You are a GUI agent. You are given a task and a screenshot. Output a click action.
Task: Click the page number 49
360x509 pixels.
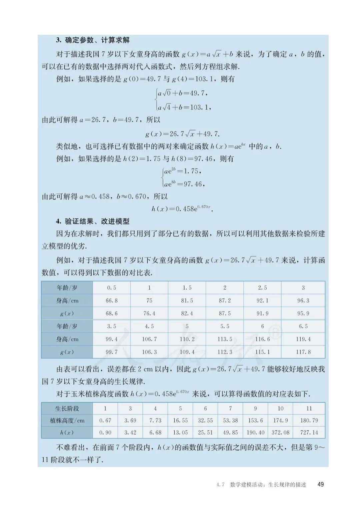coord(321,484)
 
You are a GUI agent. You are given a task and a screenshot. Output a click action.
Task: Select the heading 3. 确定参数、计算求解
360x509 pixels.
coord(93,40)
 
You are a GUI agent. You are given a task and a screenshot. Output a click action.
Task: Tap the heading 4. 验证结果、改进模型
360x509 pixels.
coord(93,221)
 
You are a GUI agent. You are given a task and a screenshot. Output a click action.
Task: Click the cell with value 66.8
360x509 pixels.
coord(112,301)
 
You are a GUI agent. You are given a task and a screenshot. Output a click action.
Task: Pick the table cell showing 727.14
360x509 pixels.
coord(309,432)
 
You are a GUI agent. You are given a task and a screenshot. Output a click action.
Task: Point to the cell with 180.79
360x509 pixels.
coord(309,420)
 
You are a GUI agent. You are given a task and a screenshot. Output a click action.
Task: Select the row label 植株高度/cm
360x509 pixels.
coord(67,420)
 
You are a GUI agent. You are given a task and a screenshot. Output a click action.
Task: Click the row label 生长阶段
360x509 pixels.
coord(67,408)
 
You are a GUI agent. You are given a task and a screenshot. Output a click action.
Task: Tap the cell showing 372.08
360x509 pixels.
coord(280,432)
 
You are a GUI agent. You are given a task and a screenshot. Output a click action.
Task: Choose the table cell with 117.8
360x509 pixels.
coord(303,352)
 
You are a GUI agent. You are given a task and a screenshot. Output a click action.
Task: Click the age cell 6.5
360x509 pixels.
coord(303,326)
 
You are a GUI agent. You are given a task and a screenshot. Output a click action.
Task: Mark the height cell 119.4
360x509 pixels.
coord(303,339)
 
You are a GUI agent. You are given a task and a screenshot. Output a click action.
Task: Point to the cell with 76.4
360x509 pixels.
coord(149,314)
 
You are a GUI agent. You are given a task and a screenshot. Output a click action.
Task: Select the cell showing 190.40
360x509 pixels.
coord(255,432)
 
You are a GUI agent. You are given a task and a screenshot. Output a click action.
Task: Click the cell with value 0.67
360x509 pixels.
coord(105,420)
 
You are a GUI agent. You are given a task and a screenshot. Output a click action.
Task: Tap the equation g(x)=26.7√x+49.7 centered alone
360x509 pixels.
coord(182,134)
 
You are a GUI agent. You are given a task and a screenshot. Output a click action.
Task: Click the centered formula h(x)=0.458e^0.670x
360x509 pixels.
coord(182,209)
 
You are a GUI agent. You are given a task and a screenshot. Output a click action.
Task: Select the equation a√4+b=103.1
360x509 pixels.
coord(184,107)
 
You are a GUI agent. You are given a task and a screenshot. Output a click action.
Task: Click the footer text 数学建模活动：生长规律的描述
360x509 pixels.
coord(268,484)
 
